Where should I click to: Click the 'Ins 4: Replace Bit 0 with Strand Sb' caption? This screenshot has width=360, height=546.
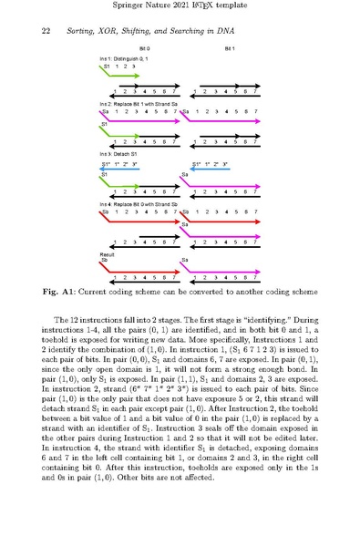tap(141, 204)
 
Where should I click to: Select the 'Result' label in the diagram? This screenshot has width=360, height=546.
tap(106, 253)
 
